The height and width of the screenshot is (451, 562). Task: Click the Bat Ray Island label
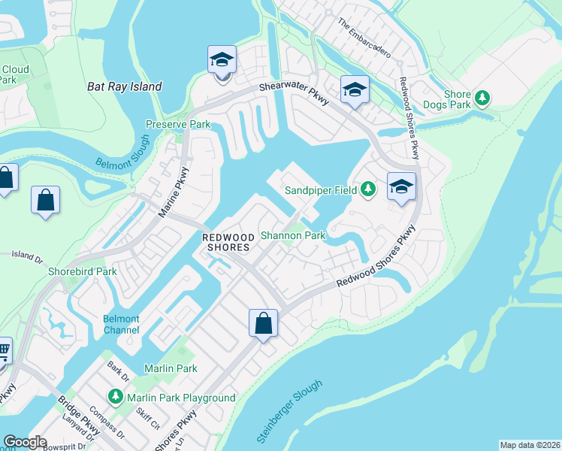(x=125, y=86)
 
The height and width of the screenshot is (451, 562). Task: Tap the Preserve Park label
(x=178, y=124)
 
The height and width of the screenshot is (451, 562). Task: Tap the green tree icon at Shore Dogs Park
(x=482, y=98)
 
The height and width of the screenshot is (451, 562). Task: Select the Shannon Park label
(x=293, y=235)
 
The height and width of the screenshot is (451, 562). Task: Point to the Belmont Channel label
(x=121, y=324)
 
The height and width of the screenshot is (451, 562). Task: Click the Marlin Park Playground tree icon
(x=116, y=396)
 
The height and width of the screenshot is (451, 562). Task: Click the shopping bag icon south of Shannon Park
(x=263, y=324)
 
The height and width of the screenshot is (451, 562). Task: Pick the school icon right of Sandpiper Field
(x=401, y=186)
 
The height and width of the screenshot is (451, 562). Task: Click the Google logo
(x=25, y=443)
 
